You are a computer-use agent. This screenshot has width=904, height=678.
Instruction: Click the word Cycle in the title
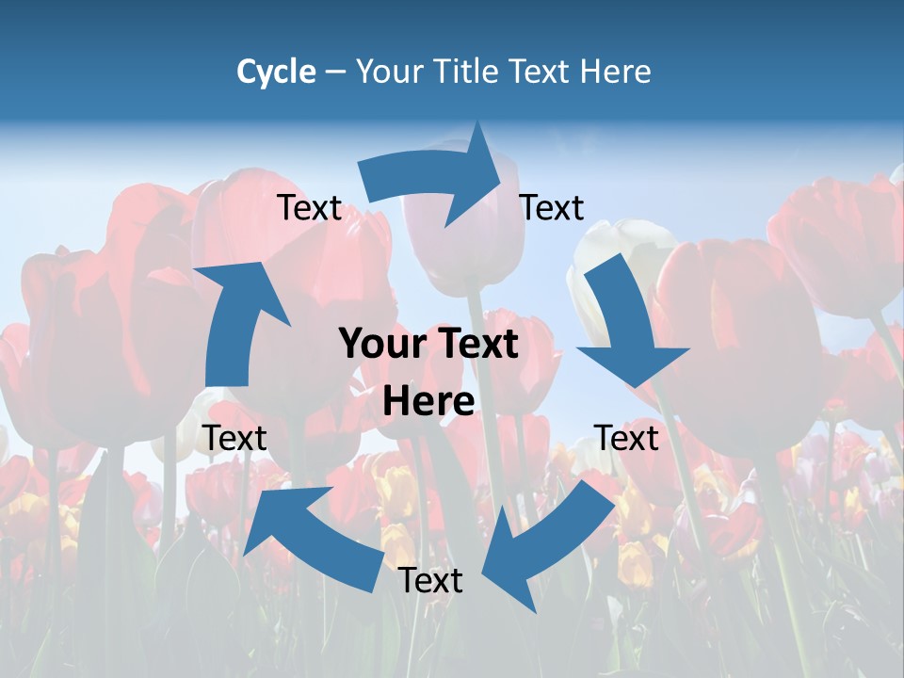[275, 72]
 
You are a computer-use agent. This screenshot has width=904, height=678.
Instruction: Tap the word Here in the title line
[615, 72]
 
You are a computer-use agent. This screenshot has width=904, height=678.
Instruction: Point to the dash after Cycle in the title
[335, 73]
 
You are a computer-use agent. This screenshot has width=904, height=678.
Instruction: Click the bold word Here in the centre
[428, 401]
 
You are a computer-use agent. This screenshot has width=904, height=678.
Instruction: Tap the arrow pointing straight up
[237, 320]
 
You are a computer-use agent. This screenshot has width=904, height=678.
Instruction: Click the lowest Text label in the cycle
[430, 580]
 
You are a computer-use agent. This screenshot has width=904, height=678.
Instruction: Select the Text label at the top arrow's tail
[309, 207]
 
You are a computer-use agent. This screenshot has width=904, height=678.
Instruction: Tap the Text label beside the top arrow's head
[552, 207]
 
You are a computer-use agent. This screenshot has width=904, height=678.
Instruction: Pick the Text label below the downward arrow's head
[626, 438]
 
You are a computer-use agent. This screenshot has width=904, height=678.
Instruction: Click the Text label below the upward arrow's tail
[234, 438]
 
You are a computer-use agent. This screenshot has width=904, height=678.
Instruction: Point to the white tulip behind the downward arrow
[612, 245]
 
